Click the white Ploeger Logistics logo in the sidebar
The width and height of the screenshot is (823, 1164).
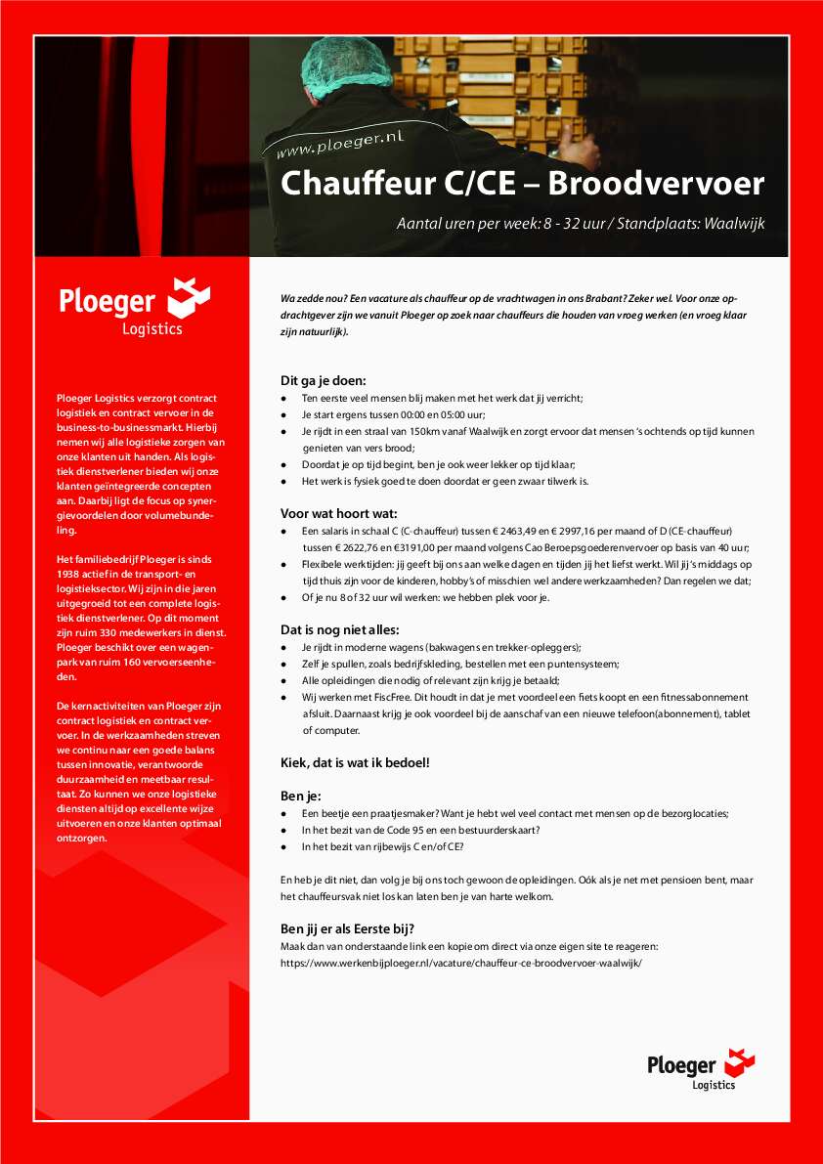pyautogui.click(x=133, y=305)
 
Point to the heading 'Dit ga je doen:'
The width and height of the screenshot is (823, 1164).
pyautogui.click(x=323, y=380)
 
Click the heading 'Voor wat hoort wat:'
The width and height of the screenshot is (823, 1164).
pyautogui.click(x=338, y=513)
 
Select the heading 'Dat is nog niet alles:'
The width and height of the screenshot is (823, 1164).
pyautogui.click(x=340, y=629)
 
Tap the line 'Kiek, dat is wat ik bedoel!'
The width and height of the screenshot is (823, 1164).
pyautogui.click(x=355, y=761)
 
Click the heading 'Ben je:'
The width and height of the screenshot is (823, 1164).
pyautogui.click(x=300, y=796)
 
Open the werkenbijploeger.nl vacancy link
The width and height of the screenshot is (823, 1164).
pyautogui.click(x=460, y=962)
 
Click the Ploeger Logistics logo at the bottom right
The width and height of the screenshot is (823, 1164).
pyautogui.click(x=701, y=1069)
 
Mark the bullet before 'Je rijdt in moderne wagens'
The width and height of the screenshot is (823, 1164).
pyautogui.click(x=283, y=647)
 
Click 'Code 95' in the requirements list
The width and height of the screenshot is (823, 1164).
pyautogui.click(x=409, y=831)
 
